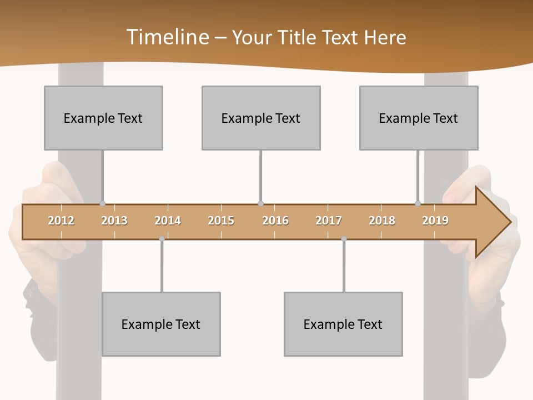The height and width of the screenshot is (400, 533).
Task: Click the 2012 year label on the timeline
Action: point(61,221)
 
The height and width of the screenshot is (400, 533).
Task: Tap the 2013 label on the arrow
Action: point(114,221)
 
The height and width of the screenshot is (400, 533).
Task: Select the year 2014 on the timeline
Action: point(168,221)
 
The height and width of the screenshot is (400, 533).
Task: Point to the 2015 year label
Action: point(221,221)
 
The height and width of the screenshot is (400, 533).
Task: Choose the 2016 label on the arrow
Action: point(275,221)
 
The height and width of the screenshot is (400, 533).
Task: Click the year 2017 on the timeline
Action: point(329,221)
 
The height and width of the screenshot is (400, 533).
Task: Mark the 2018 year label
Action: point(382,221)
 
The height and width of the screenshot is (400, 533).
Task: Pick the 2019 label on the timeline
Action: point(435,221)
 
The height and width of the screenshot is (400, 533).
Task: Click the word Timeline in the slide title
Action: point(167,37)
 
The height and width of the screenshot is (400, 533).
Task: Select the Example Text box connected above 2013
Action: point(103,118)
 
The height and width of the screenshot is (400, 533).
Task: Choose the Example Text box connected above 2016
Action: point(261,118)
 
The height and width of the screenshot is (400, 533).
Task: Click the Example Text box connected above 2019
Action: point(419,118)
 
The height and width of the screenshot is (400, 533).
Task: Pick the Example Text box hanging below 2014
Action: point(161,324)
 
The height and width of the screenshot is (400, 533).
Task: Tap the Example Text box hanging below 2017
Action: point(343,324)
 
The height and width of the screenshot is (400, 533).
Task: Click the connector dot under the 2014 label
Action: point(162,239)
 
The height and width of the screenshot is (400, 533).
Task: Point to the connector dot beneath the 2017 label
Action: point(344,239)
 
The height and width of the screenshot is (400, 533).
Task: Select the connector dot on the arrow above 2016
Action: point(260,204)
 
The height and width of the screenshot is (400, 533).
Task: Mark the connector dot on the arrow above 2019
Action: point(418,204)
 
